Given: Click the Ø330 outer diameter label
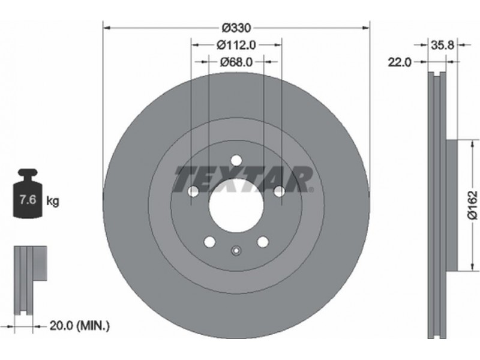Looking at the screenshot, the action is [x=236, y=28].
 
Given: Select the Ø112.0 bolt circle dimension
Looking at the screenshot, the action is [x=236, y=46].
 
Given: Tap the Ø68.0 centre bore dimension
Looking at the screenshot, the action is [x=236, y=62].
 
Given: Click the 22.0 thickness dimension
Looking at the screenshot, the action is [x=400, y=62].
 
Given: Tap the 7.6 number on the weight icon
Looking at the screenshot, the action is [x=28, y=199].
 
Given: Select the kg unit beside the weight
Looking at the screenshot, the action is [x=53, y=202].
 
